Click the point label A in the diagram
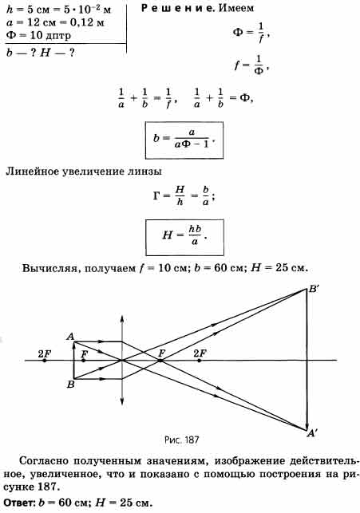(70, 337)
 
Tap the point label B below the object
(71, 385)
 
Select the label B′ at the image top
(314, 290)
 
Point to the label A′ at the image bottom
(312, 433)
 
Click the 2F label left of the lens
(45, 353)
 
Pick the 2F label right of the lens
(200, 353)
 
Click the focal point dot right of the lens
(160, 361)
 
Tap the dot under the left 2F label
(45, 361)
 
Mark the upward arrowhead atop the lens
(122, 318)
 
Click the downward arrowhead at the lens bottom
(122, 402)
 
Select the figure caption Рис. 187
(182, 440)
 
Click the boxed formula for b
(184, 140)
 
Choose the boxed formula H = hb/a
(184, 237)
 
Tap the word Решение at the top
(177, 9)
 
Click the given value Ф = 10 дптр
(38, 34)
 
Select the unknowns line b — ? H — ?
(40, 53)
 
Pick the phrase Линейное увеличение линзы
(84, 172)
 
